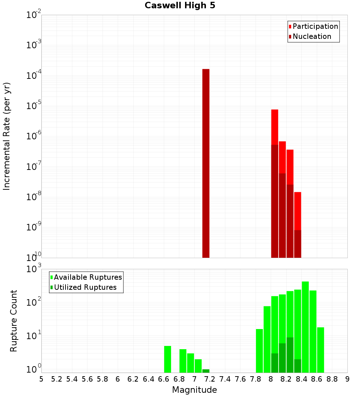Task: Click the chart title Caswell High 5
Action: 180,6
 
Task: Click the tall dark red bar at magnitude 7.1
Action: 206,162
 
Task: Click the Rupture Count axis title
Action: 14,321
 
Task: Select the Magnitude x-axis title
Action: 194,390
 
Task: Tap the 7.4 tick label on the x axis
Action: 225,379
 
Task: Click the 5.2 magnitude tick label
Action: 57,379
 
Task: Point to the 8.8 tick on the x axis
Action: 332,379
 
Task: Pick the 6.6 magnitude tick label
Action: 164,379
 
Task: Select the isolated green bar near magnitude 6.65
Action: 168,359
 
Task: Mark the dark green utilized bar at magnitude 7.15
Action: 206,371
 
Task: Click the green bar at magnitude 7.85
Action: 259,351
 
